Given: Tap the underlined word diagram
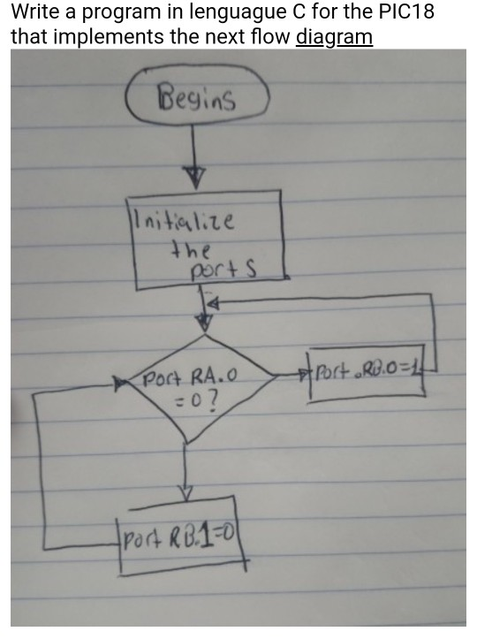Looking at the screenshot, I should click(335, 38).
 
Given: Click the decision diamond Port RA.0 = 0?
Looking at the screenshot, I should click(185, 390).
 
